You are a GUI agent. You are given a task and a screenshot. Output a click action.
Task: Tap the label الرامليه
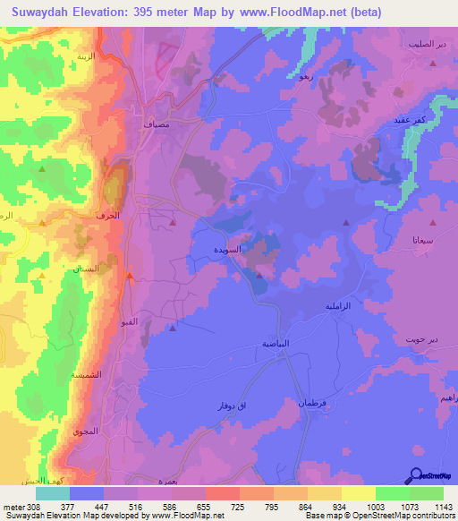pos(339,306)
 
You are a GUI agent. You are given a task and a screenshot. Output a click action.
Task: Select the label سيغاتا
pos(424,241)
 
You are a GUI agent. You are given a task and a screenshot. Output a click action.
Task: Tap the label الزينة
pos(86,56)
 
